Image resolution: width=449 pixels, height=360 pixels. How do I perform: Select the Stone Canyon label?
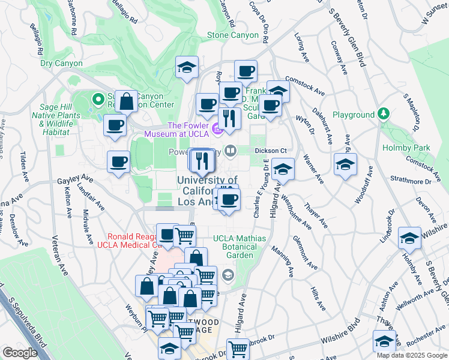[x=233, y=35]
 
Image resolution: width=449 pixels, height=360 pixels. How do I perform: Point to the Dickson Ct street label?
[x=269, y=150]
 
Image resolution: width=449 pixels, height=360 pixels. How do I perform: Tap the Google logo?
[x=20, y=353]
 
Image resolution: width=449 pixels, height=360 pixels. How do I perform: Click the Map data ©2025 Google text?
[x=411, y=355]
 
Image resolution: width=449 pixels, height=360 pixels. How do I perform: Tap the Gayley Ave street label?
[x=75, y=179]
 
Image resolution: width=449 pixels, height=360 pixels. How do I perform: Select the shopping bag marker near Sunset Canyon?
[x=127, y=101]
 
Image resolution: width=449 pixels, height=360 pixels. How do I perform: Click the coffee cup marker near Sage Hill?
[x=115, y=125]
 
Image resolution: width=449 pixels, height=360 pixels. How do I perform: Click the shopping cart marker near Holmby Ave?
[x=239, y=347]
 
